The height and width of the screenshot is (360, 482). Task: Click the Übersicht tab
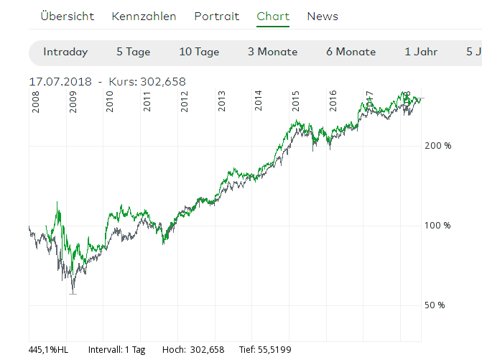(68, 16)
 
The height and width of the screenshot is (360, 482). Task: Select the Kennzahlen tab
(144, 16)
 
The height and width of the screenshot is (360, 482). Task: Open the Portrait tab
(216, 16)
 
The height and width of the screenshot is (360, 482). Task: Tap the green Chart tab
(273, 16)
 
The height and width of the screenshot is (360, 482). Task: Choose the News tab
(323, 16)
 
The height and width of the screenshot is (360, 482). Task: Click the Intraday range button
(65, 52)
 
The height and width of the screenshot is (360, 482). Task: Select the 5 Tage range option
(134, 52)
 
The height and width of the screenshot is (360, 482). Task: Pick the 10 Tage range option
(199, 52)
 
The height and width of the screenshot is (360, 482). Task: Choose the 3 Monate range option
(272, 52)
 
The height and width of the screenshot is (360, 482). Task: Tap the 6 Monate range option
(351, 52)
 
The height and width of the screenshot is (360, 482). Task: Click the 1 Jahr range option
(420, 52)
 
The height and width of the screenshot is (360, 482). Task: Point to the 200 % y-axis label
(437, 146)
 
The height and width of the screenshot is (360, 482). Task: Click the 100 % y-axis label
(437, 226)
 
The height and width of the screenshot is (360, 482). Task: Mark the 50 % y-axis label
(435, 305)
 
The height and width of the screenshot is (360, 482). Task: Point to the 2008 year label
(36, 102)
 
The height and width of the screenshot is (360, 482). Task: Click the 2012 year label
(185, 102)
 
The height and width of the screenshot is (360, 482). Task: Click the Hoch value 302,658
(207, 350)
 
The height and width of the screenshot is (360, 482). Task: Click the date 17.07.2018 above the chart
(60, 82)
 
